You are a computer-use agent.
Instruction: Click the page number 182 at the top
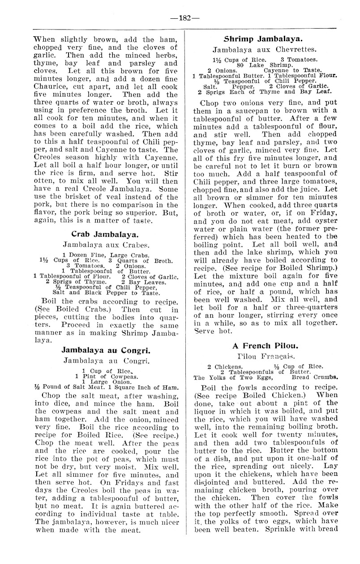coord(180,18)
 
